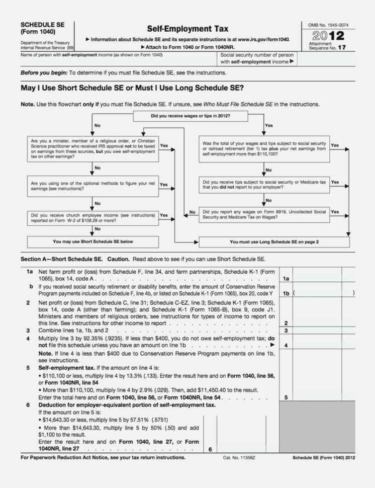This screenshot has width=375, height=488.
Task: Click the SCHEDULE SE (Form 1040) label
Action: click(x=38, y=28)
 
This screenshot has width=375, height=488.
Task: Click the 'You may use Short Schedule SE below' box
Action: click(x=92, y=241)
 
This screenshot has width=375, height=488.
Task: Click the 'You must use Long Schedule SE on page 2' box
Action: click(x=274, y=241)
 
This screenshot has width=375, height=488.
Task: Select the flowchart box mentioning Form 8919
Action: click(x=264, y=214)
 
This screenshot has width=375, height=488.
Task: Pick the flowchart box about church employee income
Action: click(x=92, y=217)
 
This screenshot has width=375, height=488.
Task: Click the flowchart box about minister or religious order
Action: click(x=92, y=148)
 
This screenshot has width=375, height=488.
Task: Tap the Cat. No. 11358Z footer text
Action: click(x=238, y=458)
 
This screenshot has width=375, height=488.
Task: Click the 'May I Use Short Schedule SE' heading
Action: click(x=133, y=88)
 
